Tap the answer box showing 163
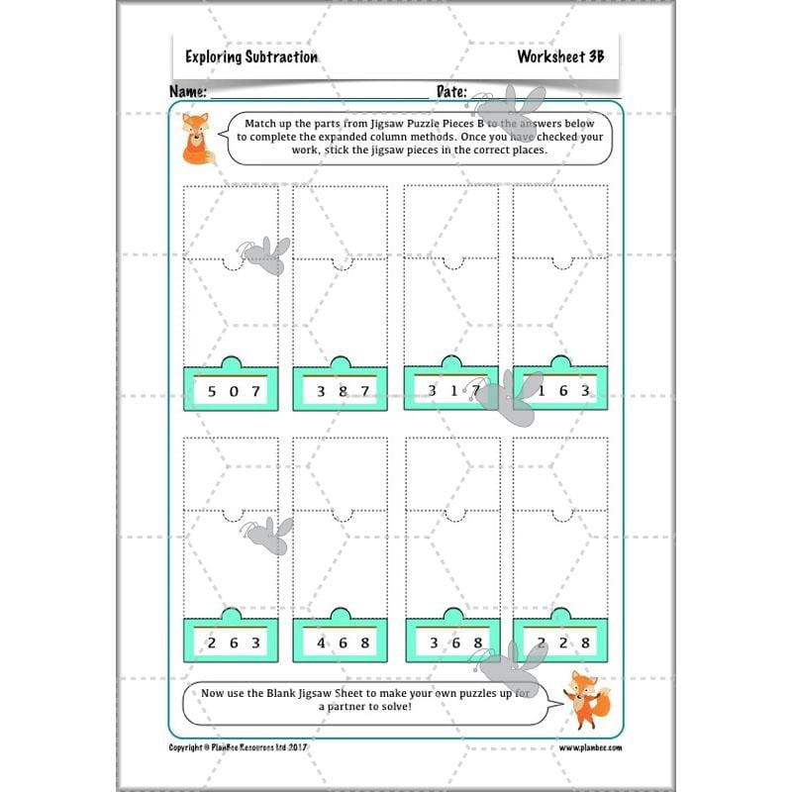pos(560,391)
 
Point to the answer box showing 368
pos(451,643)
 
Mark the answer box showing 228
pos(560,643)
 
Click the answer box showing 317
pos(451,391)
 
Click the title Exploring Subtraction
pos(251,57)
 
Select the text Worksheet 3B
pos(559,57)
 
